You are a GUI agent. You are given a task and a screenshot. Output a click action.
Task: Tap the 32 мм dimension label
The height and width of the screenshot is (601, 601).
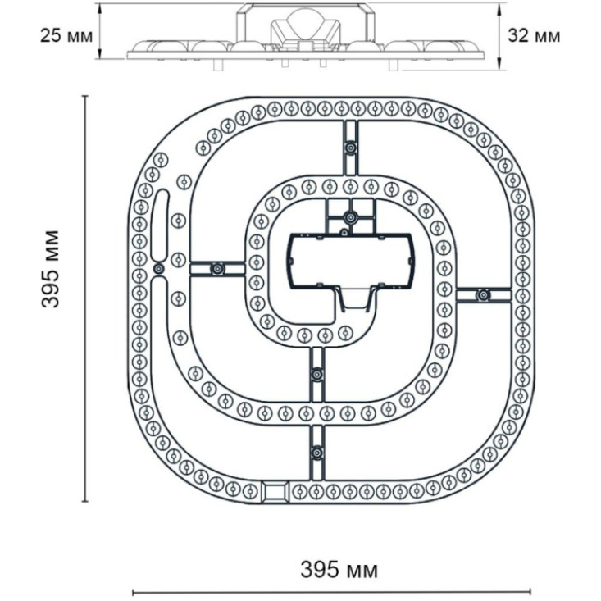[x=535, y=35]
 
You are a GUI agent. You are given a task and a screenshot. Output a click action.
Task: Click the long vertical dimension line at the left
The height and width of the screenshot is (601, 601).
[x=85, y=298]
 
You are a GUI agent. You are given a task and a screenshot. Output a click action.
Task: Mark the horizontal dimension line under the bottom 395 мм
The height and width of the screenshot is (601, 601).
[x=332, y=590]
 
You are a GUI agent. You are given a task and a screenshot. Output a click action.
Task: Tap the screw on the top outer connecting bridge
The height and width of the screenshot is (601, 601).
[x=350, y=148]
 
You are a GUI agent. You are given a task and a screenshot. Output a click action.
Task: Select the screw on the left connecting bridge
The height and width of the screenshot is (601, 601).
[x=217, y=268]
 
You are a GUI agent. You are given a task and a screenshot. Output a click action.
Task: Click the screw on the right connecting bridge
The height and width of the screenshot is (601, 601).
[x=482, y=294]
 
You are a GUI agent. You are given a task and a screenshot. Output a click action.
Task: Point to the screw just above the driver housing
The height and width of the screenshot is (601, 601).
[x=350, y=217]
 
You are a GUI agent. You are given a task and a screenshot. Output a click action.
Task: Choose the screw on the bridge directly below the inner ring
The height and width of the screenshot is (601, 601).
[x=317, y=374]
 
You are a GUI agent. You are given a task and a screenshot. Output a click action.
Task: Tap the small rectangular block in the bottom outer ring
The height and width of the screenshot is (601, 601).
[x=274, y=491]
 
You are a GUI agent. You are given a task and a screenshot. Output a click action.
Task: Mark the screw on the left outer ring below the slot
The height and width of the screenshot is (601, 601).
[x=158, y=268]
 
